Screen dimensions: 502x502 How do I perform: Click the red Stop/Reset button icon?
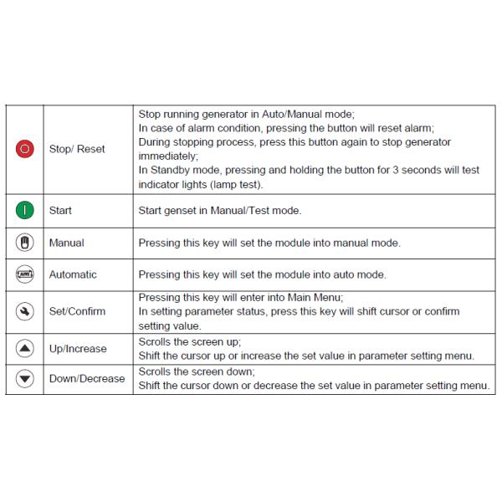25,149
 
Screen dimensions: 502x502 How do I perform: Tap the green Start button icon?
25,211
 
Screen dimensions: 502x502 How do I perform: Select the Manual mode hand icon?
25,243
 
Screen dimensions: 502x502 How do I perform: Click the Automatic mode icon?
25,274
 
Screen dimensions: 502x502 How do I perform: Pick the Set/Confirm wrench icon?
25,311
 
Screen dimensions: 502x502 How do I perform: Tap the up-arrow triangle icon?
25,347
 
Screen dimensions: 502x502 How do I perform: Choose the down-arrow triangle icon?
25,378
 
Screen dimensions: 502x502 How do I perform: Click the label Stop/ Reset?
77,149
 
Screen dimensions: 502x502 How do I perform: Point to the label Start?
60,211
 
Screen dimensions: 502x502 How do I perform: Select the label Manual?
67,243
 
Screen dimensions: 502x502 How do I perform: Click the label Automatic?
73,274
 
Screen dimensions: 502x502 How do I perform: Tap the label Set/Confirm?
77,311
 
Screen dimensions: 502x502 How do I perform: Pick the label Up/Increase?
78,347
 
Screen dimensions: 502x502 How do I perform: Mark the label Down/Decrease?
86,378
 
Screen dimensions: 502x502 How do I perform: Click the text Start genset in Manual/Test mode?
219,211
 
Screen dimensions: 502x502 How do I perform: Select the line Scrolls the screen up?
189,341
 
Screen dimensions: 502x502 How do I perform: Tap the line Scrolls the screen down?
196,371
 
